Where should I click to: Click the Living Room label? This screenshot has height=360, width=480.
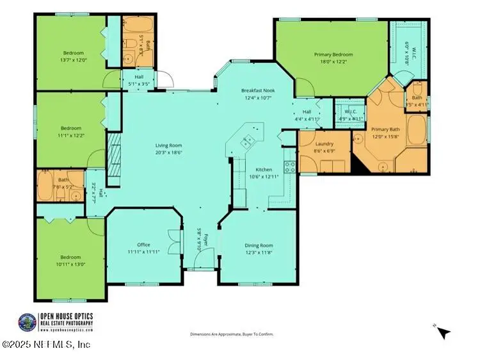169,145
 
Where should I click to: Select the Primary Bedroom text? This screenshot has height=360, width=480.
333,54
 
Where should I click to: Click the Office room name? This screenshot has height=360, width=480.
143,245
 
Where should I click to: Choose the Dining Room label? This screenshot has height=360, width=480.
259,245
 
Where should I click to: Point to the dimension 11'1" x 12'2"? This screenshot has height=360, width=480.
70,136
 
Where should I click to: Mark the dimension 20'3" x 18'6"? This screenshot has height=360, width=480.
169,152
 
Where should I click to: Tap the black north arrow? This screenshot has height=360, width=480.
444,332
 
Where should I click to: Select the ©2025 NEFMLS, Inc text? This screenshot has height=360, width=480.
46,345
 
